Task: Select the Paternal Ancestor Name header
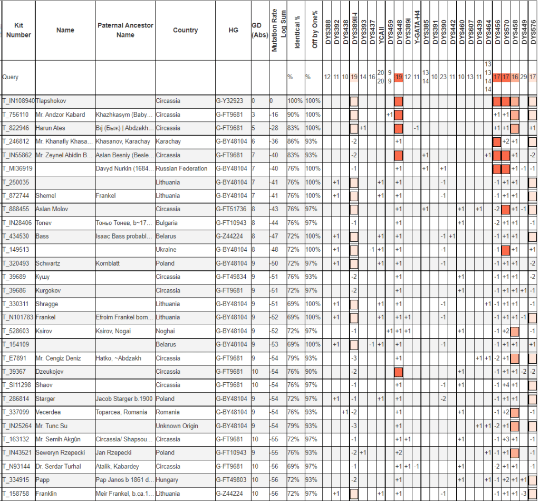pyautogui.click(x=125, y=30)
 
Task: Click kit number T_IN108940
pyautogui.click(x=18, y=101)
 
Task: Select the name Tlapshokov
pyautogui.click(x=51, y=101)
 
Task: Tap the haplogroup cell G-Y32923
pyautogui.click(x=229, y=101)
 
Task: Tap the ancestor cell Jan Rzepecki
pyautogui.click(x=113, y=452)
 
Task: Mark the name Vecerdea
pyautogui.click(x=49, y=412)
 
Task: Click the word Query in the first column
pyautogui.click(x=11, y=77)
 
